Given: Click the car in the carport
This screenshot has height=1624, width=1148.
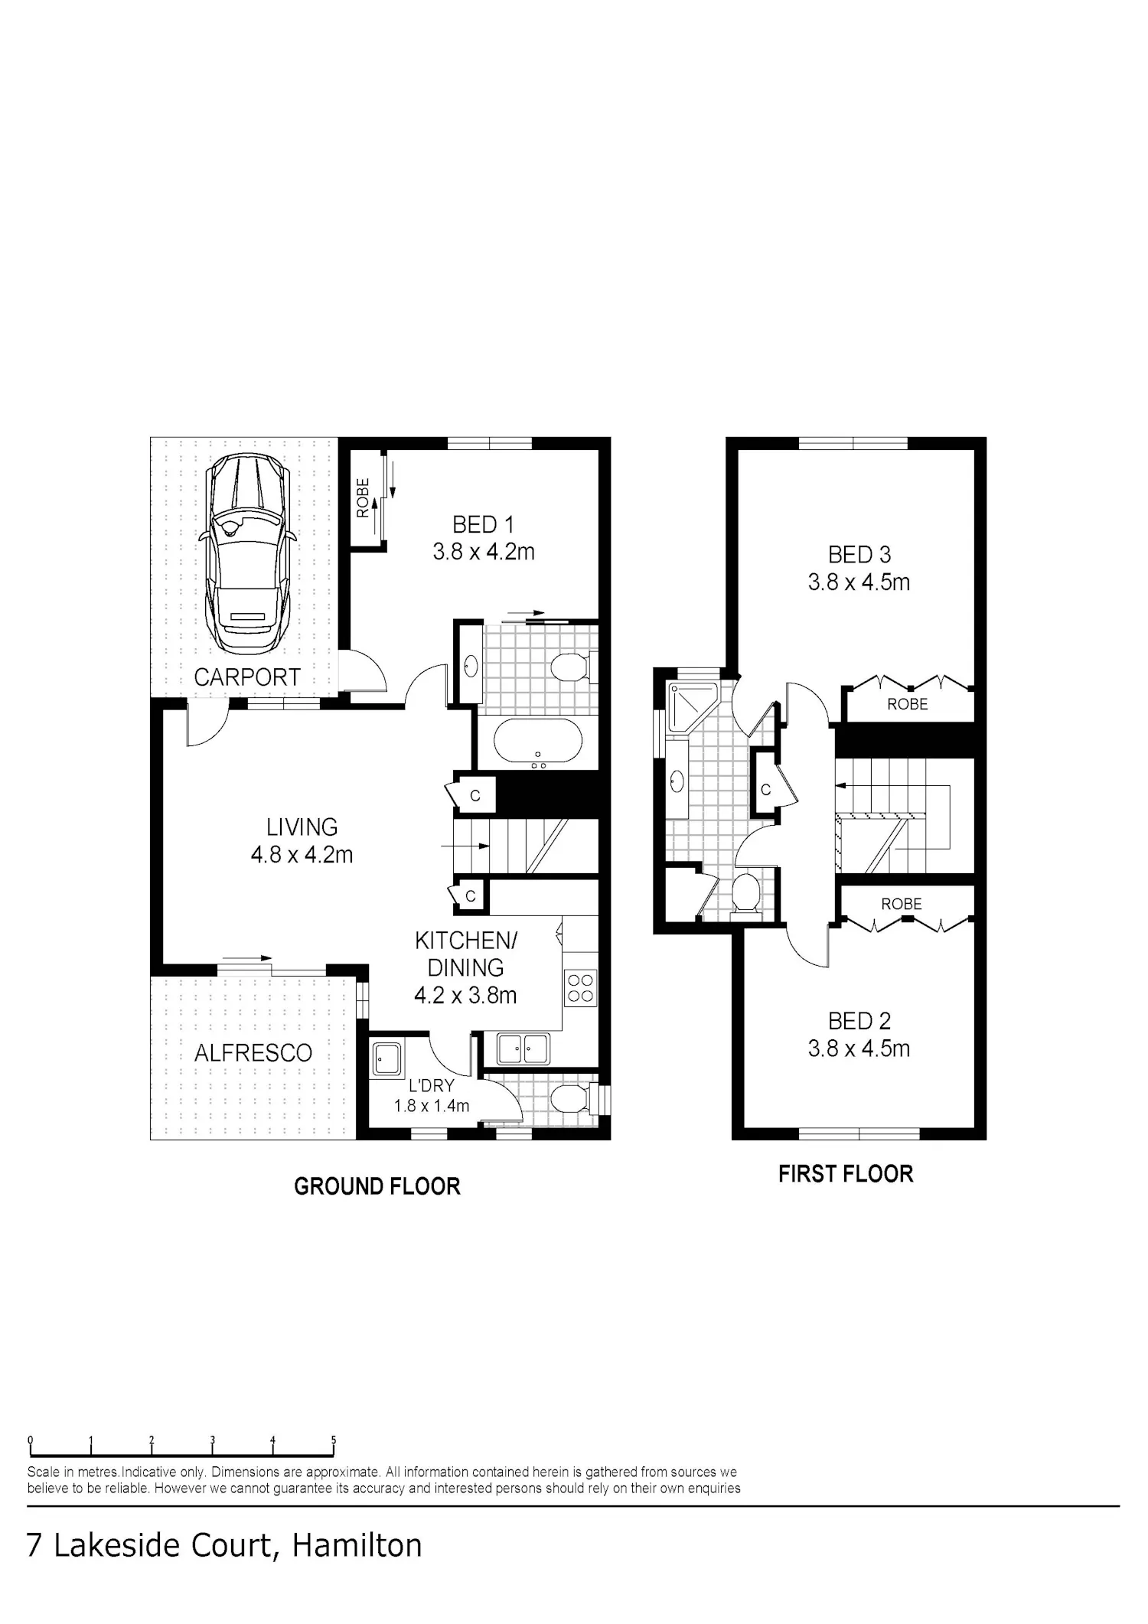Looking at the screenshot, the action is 247,550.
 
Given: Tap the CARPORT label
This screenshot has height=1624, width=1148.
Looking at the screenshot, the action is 247,677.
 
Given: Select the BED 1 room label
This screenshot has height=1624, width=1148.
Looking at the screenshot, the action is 483,525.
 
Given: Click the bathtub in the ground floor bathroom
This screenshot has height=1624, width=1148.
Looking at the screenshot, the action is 538,742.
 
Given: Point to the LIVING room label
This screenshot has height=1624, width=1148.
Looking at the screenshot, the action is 302,827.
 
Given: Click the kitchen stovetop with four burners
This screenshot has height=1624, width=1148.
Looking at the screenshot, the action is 581,987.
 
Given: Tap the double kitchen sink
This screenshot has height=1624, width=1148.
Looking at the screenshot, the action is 523,1048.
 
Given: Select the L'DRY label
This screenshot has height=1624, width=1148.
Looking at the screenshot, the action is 432,1086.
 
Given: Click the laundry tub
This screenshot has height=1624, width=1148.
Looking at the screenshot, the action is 387,1060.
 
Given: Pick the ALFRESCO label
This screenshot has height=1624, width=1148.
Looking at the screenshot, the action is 253,1053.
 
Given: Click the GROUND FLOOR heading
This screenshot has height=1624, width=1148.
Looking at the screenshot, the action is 377,1187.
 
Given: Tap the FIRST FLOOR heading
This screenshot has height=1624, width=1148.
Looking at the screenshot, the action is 846,1175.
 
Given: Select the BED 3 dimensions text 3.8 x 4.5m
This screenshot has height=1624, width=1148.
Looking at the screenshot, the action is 859,582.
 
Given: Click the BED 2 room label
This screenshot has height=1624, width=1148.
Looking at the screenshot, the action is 859,1021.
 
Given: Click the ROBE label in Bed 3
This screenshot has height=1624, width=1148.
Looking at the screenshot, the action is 908,704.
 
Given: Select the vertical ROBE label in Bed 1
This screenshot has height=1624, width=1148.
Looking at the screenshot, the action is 364,497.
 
